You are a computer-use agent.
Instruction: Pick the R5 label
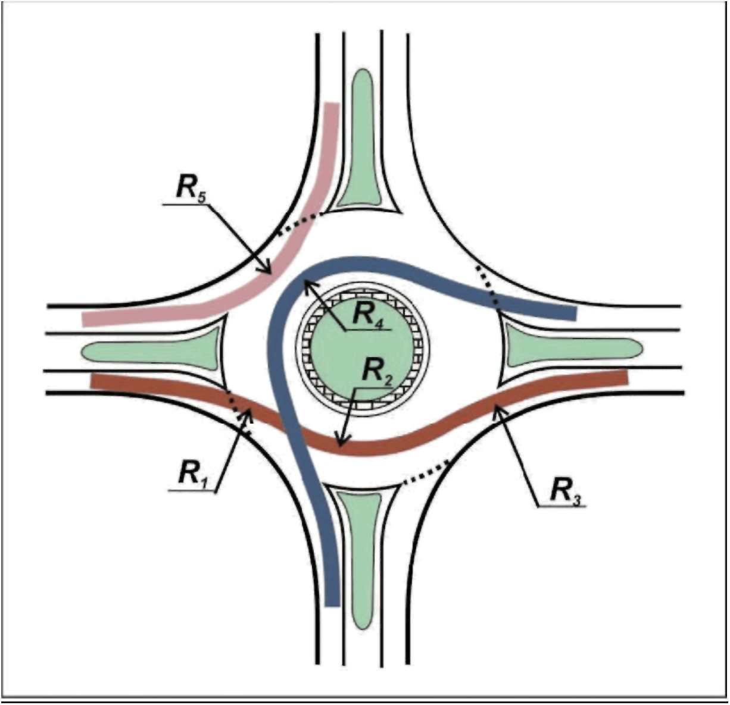click(190, 188)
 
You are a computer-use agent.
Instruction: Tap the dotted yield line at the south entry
click(425, 474)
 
